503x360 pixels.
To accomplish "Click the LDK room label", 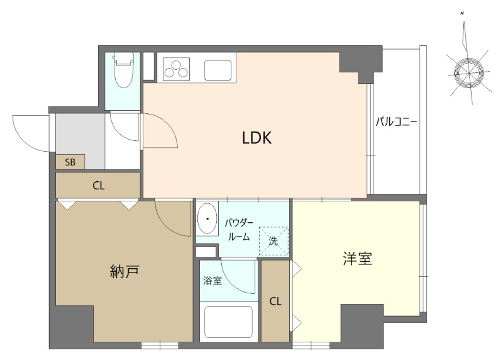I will tap(257, 138).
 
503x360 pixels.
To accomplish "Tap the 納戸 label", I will tap(124, 271).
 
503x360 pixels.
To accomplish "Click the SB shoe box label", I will tap(70, 162).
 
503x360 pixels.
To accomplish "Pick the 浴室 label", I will tap(212, 281).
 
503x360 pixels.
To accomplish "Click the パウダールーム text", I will tap(239, 230).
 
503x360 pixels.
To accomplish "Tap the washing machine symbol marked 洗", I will tap(273, 240).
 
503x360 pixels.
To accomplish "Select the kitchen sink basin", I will tap(218, 69).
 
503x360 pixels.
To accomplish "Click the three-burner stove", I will tap(177, 69).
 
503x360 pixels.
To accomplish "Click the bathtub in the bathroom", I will tap(227, 321).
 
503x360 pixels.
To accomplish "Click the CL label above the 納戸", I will tap(98, 186).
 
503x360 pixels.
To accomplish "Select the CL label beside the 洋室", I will tap(275, 301).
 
